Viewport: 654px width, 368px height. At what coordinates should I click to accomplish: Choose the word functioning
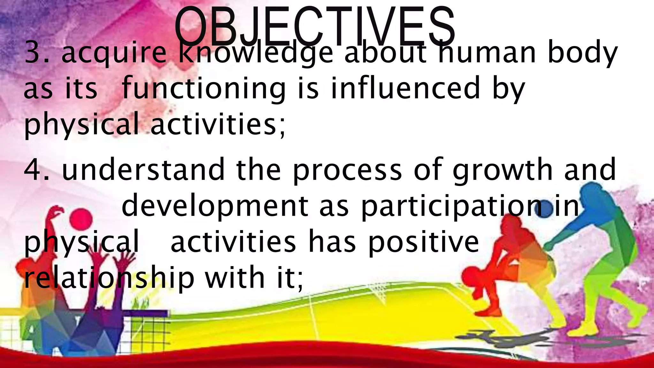pos(203,88)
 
